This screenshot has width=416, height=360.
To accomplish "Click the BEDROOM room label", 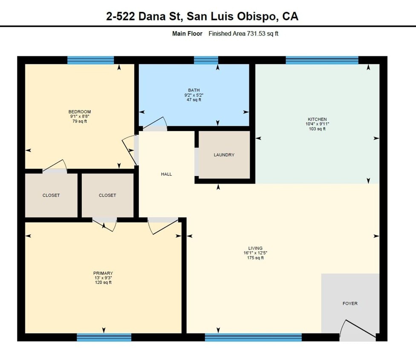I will (80, 112).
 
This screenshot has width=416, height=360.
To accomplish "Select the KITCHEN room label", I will (318, 119).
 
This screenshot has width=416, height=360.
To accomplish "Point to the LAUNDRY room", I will (224, 155).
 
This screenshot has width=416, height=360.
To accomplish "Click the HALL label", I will (166, 174).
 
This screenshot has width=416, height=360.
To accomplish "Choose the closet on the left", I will (51, 195).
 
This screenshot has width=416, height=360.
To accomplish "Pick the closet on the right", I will (107, 195).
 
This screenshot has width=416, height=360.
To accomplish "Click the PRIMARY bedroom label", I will (103, 273).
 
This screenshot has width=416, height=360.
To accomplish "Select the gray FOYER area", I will (350, 303).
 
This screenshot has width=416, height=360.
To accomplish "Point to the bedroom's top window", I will (91, 60).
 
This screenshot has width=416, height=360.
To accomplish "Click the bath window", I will (206, 60).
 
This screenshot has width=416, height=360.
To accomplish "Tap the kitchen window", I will (322, 60).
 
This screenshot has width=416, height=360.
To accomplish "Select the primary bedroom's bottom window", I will (104, 337).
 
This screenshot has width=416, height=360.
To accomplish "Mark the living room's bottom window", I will (253, 337).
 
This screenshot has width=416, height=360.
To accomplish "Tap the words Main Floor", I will (187, 34).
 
